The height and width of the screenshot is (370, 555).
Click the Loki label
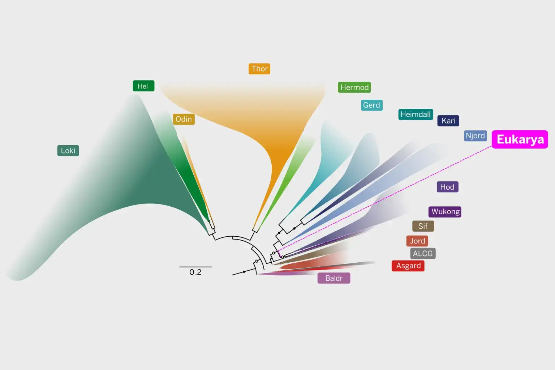[x=68, y=150]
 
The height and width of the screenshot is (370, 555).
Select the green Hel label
[x=143, y=86]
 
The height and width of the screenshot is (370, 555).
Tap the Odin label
[x=184, y=119]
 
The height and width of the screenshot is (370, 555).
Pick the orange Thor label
[x=259, y=69]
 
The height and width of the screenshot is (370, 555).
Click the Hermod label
[x=354, y=87]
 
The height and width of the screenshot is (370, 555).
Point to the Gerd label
[x=372, y=105]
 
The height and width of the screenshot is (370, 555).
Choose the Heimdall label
[x=416, y=115]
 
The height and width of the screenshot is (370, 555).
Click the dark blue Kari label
[x=448, y=121]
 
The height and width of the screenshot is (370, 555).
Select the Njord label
[x=475, y=136]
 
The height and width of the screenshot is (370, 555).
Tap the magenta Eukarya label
[x=520, y=139]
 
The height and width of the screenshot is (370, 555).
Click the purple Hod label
[x=447, y=187]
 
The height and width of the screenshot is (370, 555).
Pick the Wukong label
[x=445, y=212]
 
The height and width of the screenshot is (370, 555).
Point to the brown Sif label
[x=423, y=226]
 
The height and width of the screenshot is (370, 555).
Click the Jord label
[x=417, y=241]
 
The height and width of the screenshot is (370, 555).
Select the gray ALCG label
[x=423, y=254]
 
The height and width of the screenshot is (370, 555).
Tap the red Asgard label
[x=408, y=266]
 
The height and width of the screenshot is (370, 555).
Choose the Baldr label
[x=334, y=278]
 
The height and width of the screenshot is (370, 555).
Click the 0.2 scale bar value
[x=195, y=272]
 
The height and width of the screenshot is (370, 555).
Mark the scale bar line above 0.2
[x=196, y=267]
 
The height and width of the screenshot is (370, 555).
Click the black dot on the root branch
[x=244, y=272]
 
